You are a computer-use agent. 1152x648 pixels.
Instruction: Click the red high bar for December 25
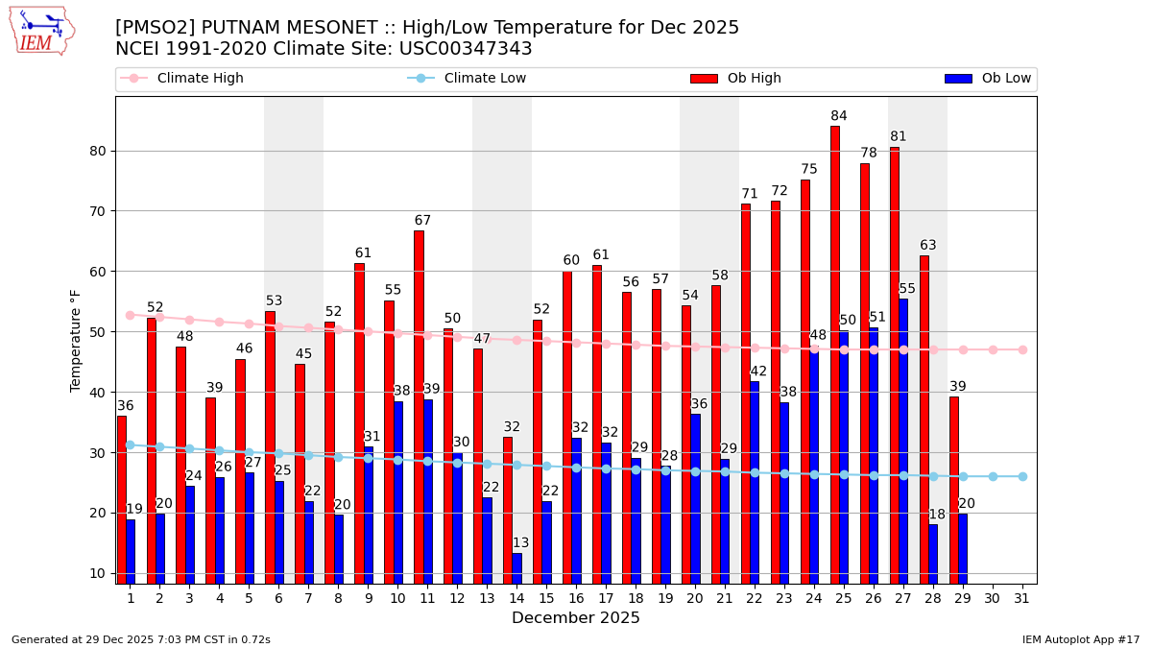(835, 354)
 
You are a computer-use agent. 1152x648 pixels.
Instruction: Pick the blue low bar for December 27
(903, 441)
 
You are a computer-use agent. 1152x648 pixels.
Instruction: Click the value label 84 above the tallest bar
(839, 116)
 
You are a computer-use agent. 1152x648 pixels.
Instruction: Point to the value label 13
(520, 543)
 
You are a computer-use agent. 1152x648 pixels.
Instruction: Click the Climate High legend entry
(200, 79)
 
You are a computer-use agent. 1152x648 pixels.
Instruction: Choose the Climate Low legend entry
(485, 79)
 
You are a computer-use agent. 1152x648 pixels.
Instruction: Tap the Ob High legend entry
(754, 79)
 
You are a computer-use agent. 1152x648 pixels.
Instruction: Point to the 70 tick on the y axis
(99, 211)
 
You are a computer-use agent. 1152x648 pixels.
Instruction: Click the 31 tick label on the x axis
(1022, 598)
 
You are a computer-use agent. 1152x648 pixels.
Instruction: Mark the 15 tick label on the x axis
(546, 598)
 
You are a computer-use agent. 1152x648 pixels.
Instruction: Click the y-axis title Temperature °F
(76, 340)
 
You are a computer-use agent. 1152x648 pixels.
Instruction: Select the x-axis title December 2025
(575, 618)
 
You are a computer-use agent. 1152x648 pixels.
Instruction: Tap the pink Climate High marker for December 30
(993, 349)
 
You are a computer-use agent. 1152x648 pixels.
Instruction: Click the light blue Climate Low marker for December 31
(1022, 476)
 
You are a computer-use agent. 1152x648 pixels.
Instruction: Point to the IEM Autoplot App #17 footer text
(1081, 639)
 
